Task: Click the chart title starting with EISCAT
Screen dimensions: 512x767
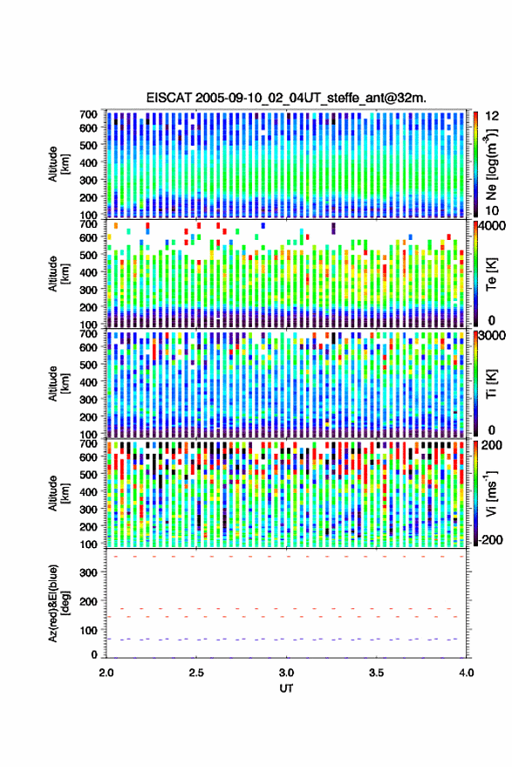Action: (286, 98)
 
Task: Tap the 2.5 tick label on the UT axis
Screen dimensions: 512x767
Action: (196, 673)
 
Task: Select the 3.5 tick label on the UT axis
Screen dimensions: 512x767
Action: (376, 673)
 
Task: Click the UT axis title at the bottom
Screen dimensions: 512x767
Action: (286, 688)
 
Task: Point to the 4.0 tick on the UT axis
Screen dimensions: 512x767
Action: (466, 673)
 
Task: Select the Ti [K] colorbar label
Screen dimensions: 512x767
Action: (491, 385)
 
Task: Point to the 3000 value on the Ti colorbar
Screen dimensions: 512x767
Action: (491, 336)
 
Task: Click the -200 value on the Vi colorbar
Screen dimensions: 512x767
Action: (490, 539)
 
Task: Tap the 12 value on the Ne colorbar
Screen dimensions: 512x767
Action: (492, 115)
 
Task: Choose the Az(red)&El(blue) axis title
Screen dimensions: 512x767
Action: (58, 603)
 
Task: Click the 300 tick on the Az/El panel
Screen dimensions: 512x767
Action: (88, 572)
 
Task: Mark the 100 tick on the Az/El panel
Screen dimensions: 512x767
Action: (88, 631)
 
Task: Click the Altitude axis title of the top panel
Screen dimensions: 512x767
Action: (58, 164)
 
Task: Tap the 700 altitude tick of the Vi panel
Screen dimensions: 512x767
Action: (88, 444)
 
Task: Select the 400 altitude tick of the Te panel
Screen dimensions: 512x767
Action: (88, 272)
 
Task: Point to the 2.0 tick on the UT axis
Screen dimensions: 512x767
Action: (106, 673)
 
